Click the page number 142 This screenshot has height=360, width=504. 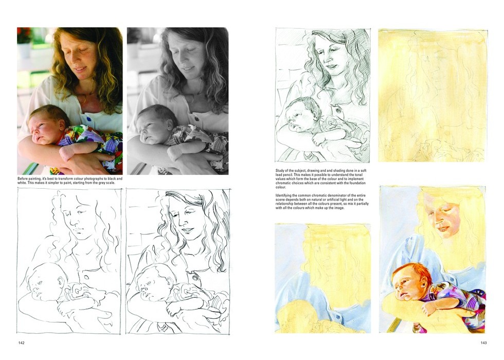point(21,343)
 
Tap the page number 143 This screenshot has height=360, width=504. point(483,343)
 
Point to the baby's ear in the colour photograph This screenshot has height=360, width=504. point(61,124)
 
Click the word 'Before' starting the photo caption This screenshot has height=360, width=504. point(23,178)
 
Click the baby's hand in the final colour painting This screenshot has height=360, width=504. point(428,310)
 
